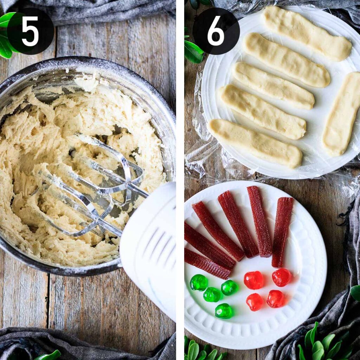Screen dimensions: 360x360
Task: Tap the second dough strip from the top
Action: pos(287,60)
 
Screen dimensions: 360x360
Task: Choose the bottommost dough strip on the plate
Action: pos(255,143)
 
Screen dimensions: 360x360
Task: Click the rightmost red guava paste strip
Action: pos(282,232)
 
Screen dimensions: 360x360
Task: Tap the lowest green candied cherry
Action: pos(224,311)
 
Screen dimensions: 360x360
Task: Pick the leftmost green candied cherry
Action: pos(199,282)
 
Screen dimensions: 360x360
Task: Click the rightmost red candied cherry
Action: pos(282,277)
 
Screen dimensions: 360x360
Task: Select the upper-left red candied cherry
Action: pos(253,280)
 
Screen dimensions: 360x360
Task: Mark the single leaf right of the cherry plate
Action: pos(355,293)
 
